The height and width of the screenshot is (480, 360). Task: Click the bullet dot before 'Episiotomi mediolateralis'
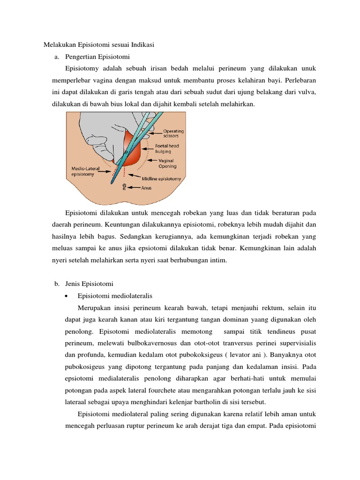(68, 296)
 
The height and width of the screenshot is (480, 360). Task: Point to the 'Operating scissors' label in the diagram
(173, 134)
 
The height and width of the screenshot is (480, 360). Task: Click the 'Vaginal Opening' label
(167, 163)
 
